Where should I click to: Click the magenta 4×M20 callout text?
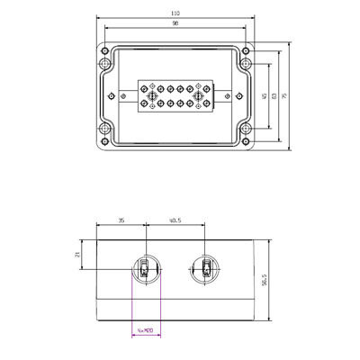click(x=146, y=330)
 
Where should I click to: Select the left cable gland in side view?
click(x=146, y=268)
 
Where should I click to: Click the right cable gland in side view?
click(x=205, y=268)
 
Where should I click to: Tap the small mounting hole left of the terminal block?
click(x=123, y=97)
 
